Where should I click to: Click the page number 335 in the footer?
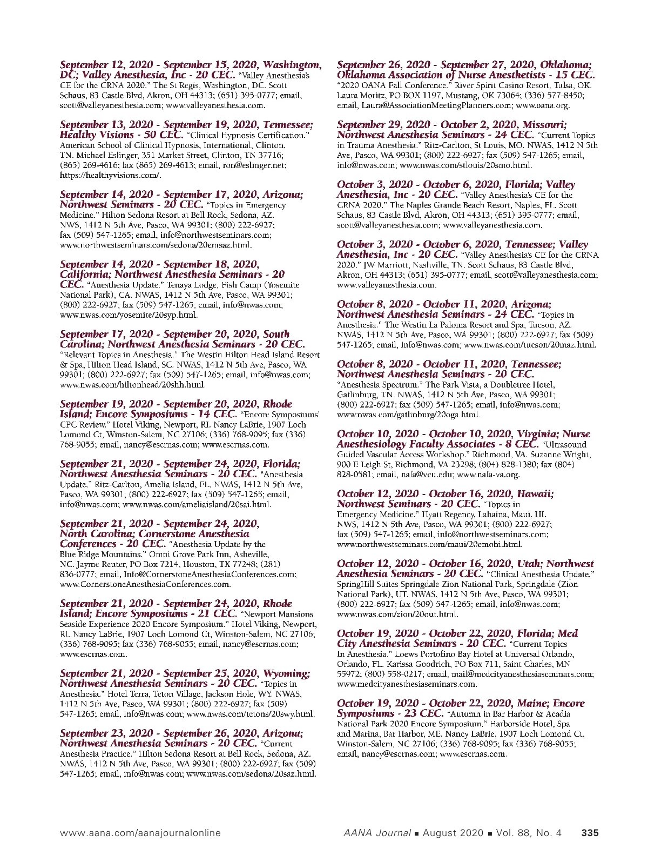click(590, 833)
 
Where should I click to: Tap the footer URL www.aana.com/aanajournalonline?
click(140, 833)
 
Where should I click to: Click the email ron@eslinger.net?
click(254, 165)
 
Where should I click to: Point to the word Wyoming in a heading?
click(286, 673)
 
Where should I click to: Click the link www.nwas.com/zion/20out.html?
click(397, 614)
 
